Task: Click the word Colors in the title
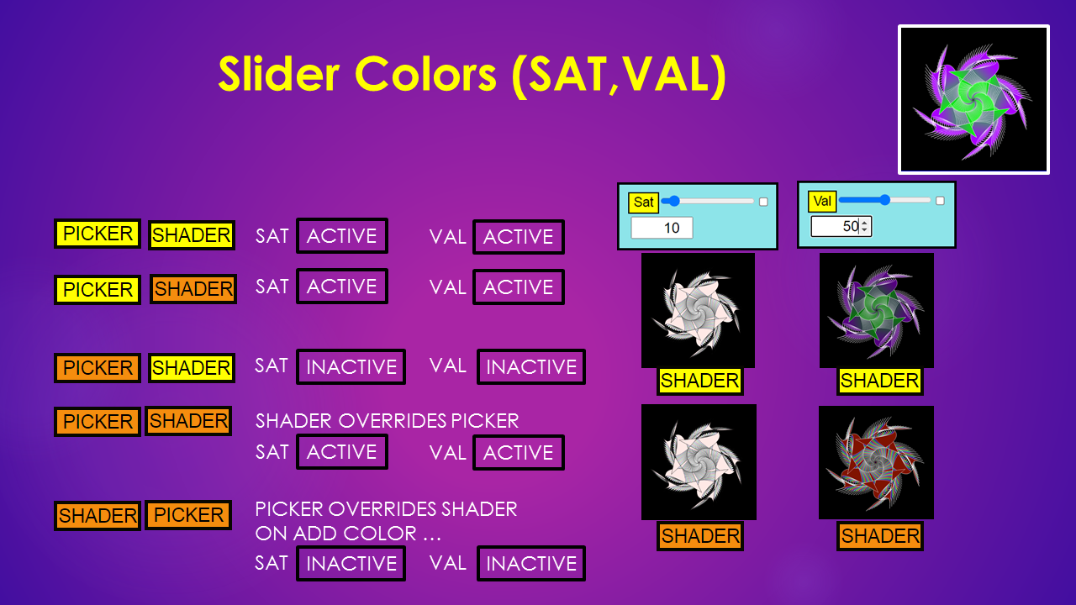click(x=425, y=75)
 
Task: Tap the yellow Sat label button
click(x=643, y=203)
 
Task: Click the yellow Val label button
click(x=822, y=201)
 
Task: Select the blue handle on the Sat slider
click(x=674, y=201)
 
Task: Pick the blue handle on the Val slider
click(x=885, y=200)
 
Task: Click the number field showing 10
click(x=662, y=228)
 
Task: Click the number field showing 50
click(x=841, y=226)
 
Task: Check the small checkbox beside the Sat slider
click(x=763, y=202)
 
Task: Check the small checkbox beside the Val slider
click(x=940, y=201)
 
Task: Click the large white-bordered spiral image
click(x=973, y=99)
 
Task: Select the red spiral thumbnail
click(x=876, y=462)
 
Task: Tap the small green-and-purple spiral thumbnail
click(x=877, y=311)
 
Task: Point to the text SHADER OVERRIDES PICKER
click(x=387, y=421)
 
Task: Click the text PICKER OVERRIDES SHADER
click(x=386, y=509)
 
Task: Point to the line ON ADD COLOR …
click(x=348, y=534)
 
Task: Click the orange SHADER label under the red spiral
click(x=880, y=536)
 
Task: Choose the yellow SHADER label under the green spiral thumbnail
click(x=879, y=381)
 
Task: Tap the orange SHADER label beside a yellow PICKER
click(x=193, y=289)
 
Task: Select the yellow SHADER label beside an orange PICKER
click(x=191, y=368)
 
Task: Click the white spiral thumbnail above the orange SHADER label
click(x=699, y=462)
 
